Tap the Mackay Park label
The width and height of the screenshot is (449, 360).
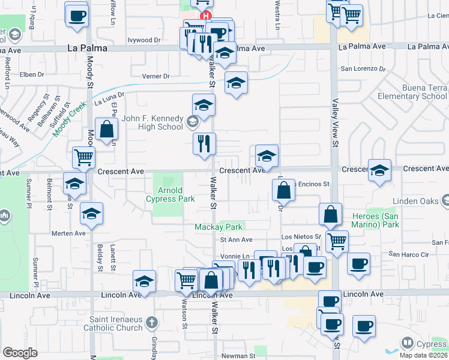[x=218, y=227]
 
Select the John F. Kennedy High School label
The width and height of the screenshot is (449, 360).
[x=152, y=122]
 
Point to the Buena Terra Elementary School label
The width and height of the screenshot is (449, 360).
[x=412, y=92]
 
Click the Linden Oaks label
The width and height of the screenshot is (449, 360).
[x=415, y=201]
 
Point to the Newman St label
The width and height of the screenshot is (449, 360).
[x=239, y=355]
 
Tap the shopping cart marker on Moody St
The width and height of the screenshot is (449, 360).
[x=83, y=158]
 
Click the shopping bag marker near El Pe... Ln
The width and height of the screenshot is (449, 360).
[x=106, y=129]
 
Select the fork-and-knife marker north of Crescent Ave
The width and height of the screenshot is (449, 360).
[x=204, y=143]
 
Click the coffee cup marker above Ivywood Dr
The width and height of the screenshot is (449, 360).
[x=77, y=16]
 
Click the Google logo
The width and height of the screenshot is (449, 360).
[x=20, y=353]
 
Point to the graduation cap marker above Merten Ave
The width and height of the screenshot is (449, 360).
[x=91, y=213]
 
